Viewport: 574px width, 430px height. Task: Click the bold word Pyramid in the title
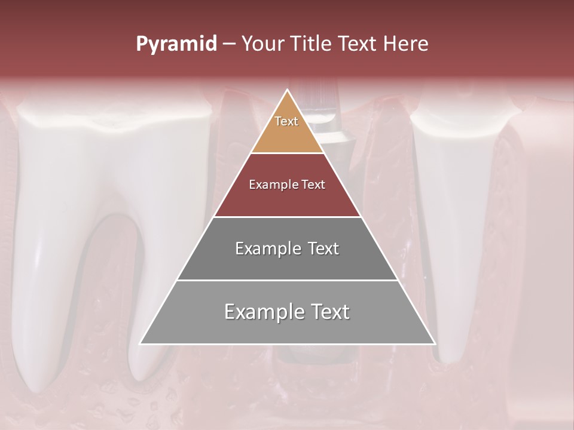point(176,44)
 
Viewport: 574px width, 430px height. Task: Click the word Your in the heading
point(262,44)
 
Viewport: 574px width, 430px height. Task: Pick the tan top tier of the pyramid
point(287,131)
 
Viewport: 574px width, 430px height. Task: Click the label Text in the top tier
point(286,121)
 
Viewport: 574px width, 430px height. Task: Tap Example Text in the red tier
point(287,185)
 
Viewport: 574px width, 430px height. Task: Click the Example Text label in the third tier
point(287,248)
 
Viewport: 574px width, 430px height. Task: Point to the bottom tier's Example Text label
point(287,312)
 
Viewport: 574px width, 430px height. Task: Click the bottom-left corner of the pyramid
point(141,343)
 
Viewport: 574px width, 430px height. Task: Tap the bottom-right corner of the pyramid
point(435,343)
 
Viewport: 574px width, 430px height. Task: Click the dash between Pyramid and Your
point(228,44)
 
